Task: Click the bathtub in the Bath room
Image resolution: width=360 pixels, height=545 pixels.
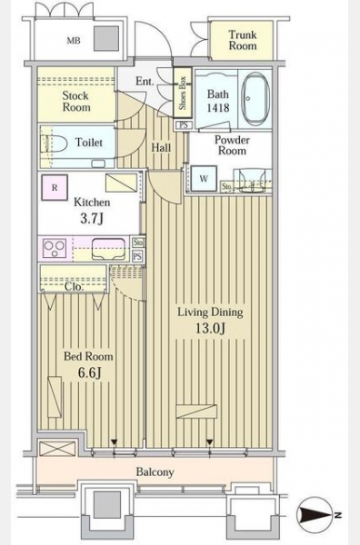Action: (255, 99)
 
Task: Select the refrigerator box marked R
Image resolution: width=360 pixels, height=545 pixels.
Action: (55, 188)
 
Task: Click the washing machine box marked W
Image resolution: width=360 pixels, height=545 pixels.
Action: (204, 179)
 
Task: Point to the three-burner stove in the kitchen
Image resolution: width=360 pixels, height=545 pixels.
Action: (55, 249)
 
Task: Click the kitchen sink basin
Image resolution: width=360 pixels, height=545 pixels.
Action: (108, 249)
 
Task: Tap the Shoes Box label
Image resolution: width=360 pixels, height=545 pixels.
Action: (183, 93)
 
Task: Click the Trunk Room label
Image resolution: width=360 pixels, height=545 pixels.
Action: (243, 40)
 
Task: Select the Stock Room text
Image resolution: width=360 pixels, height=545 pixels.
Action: (75, 101)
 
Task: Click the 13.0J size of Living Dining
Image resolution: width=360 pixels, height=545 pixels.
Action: (210, 328)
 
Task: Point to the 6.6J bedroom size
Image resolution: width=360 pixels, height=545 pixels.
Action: (89, 372)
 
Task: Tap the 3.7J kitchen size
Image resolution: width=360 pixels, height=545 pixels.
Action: (92, 219)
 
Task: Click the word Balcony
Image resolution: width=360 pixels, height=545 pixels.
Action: (155, 472)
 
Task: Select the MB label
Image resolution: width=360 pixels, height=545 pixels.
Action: (74, 41)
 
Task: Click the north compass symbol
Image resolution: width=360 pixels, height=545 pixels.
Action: (315, 515)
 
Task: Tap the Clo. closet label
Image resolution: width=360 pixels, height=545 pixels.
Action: (75, 287)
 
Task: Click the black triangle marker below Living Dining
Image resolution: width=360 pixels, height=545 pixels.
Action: (209, 442)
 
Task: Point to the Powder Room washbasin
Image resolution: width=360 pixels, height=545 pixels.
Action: (252, 180)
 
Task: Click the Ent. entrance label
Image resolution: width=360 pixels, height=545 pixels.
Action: (145, 82)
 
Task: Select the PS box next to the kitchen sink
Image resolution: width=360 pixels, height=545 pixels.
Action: (138, 256)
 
